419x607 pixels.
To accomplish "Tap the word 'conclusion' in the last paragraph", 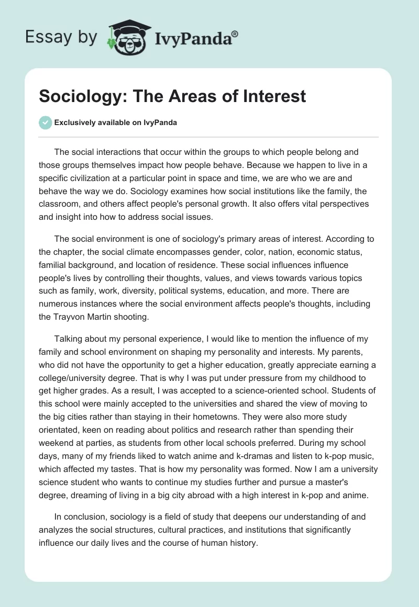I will [85, 516].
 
